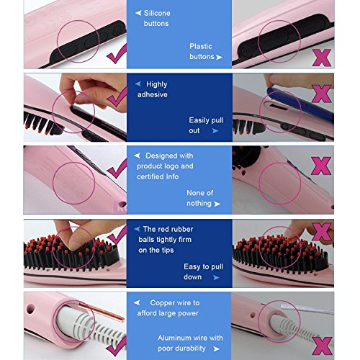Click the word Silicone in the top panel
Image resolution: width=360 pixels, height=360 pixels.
[157, 13]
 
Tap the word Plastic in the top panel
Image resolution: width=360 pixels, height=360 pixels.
[201, 46]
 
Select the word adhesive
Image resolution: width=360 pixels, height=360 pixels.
[153, 94]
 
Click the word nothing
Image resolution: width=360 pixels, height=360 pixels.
[199, 204]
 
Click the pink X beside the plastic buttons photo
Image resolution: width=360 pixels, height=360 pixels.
[322, 58]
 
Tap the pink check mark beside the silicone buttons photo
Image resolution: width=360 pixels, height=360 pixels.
[117, 53]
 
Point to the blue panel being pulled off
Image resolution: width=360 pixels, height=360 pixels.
[301, 104]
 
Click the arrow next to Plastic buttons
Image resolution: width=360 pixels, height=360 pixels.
[219, 57]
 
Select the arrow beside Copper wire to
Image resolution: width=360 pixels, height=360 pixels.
[137, 302]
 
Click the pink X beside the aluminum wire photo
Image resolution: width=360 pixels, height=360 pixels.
[322, 346]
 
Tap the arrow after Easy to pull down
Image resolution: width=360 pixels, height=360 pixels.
[216, 277]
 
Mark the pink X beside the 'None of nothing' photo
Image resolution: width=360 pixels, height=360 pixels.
[321, 166]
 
